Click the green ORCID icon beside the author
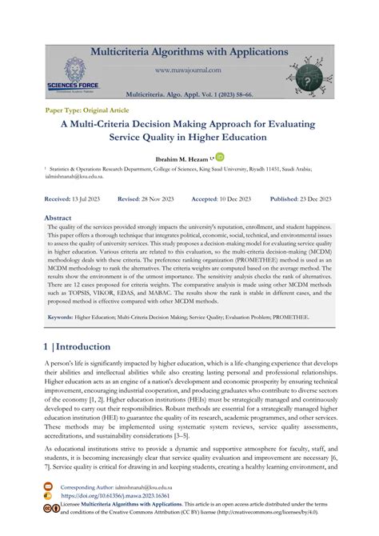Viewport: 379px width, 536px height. tap(219, 157)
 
